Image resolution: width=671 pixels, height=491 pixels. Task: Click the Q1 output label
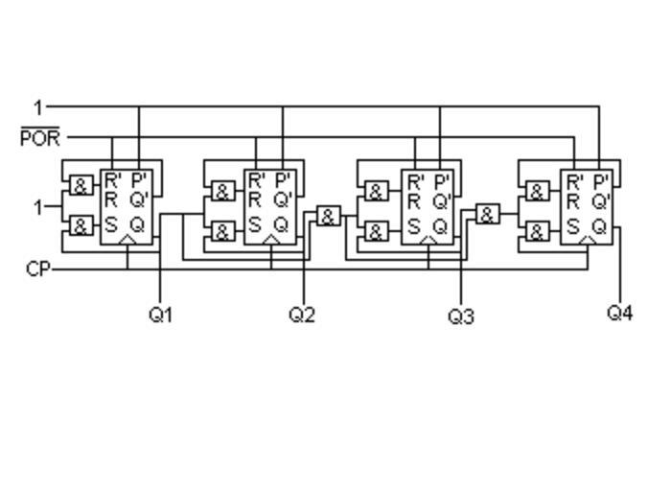[x=161, y=315]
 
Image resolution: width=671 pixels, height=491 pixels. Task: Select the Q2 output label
[x=302, y=315]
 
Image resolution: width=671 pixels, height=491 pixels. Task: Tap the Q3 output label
[x=461, y=316]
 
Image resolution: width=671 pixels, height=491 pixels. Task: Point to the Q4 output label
[x=620, y=313]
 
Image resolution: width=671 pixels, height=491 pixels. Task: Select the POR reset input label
[x=39, y=138]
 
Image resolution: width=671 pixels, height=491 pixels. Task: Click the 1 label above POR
[x=38, y=107]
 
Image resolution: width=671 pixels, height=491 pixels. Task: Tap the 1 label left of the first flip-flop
[x=38, y=206]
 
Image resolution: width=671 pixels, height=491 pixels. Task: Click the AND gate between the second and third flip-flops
[x=328, y=216]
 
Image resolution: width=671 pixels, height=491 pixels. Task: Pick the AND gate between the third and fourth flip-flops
[x=488, y=215]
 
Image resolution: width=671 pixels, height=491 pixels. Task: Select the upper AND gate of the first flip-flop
[x=81, y=187]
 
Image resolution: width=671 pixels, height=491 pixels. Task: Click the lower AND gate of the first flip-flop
[x=81, y=227]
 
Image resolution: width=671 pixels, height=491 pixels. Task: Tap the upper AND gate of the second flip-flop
[x=222, y=191]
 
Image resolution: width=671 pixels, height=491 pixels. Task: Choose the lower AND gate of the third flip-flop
[x=377, y=232]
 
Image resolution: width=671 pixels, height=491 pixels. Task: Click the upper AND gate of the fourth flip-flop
[x=537, y=192]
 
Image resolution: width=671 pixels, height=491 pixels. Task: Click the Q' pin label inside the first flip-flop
[x=140, y=200]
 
